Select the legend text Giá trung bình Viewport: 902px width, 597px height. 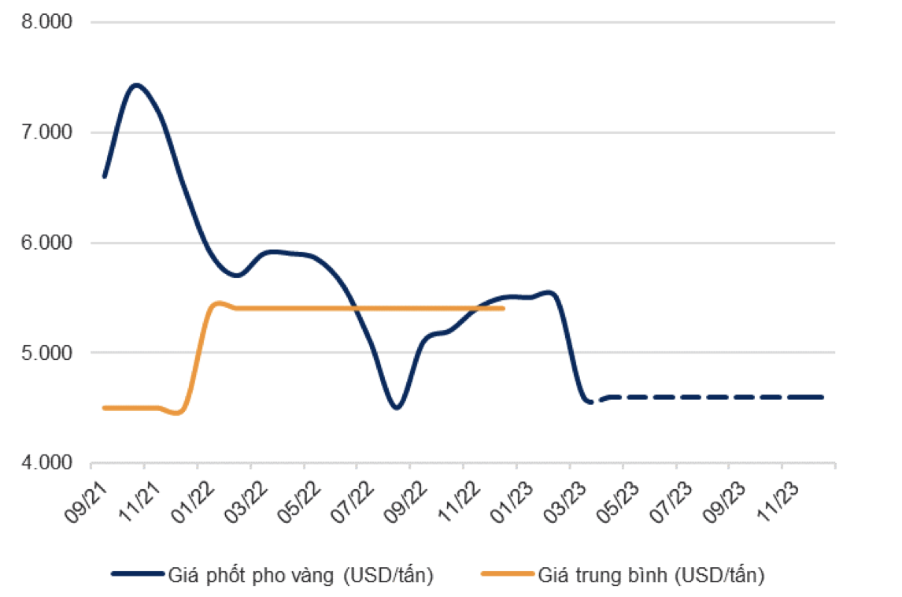(651, 576)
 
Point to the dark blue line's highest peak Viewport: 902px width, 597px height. (137, 84)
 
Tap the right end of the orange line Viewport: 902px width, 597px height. (503, 308)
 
